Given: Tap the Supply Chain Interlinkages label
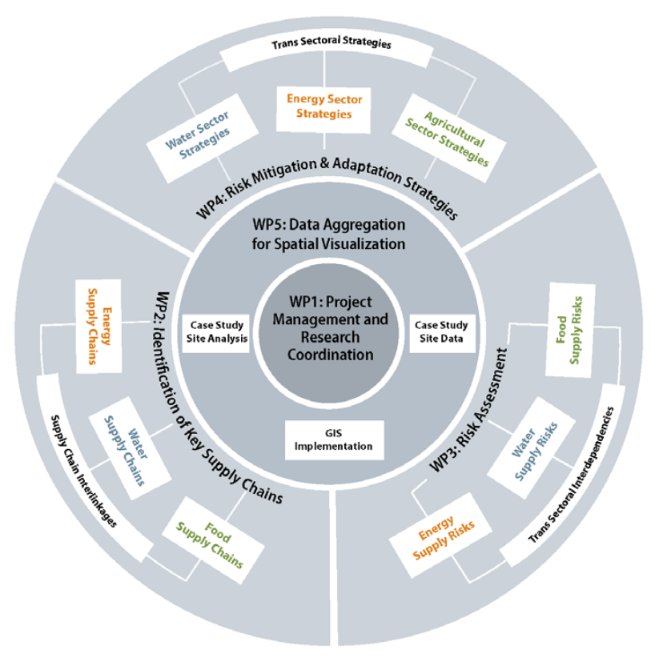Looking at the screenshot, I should point(85,472).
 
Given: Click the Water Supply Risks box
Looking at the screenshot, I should point(540,451).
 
